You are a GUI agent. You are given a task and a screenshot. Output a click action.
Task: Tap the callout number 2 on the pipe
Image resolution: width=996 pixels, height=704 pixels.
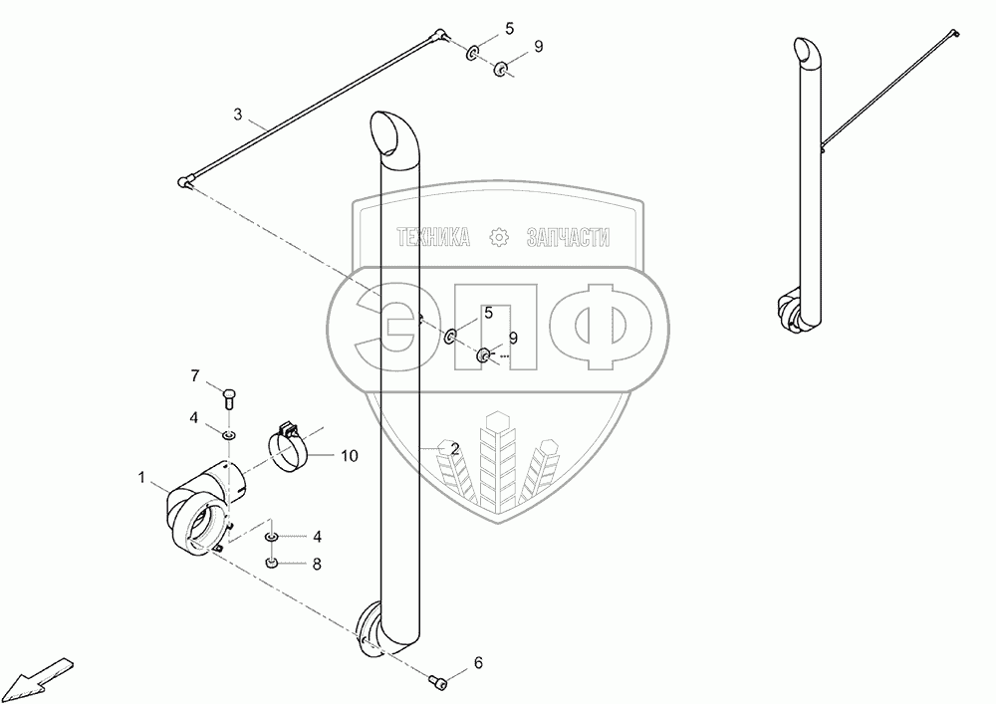pyautogui.click(x=454, y=449)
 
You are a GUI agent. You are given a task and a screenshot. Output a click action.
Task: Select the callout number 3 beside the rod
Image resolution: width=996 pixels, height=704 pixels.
pyautogui.click(x=238, y=116)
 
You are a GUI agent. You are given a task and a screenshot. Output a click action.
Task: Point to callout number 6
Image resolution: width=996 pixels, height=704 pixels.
pyautogui.click(x=477, y=661)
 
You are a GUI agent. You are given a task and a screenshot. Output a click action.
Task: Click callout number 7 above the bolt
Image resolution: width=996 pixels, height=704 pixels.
pyautogui.click(x=196, y=374)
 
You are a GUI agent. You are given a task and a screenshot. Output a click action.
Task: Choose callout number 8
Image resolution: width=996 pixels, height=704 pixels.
pyautogui.click(x=317, y=564)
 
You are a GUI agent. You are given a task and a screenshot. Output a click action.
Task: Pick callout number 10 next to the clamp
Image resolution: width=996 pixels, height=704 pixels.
pyautogui.click(x=349, y=456)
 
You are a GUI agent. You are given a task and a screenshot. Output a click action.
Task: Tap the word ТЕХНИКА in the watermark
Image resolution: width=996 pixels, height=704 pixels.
pyautogui.click(x=433, y=237)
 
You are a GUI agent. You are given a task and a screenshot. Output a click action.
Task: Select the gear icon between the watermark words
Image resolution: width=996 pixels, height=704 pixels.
pyautogui.click(x=499, y=237)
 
